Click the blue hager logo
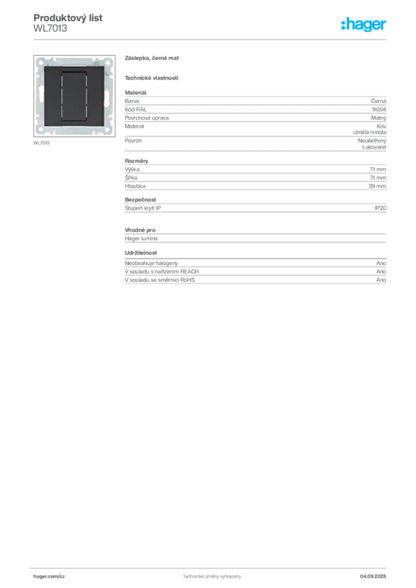tap(365, 25)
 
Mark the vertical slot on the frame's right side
tap(111, 96)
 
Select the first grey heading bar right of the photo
tap(153, 60)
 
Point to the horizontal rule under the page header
tap(211, 39)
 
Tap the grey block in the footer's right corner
tap(376, 574)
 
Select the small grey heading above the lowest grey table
tap(142, 252)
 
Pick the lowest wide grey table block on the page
tap(255, 273)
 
